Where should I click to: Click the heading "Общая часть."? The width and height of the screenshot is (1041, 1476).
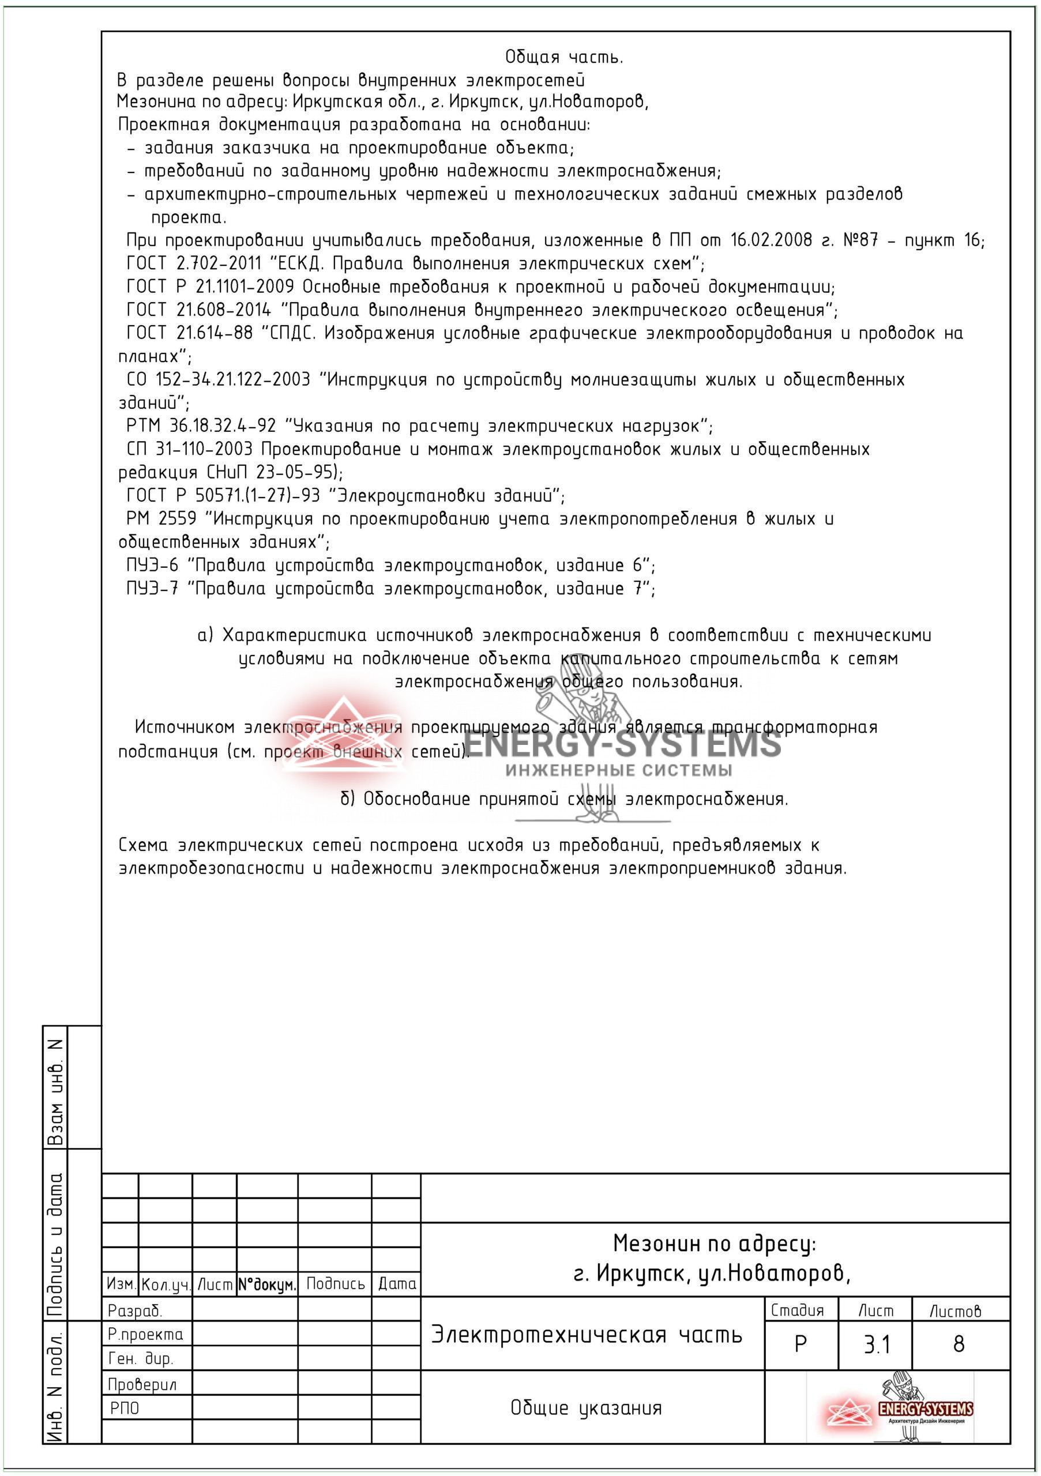(564, 57)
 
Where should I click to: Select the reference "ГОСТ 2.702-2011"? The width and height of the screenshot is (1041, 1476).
(194, 263)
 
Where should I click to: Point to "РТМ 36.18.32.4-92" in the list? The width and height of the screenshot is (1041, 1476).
(201, 426)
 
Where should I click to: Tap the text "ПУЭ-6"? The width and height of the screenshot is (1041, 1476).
(152, 565)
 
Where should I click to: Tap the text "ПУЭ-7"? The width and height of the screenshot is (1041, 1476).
(152, 588)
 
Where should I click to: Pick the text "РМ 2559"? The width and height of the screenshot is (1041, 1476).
(161, 518)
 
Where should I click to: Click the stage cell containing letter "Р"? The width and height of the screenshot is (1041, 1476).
(801, 1344)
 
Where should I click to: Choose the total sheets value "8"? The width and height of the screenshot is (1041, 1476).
(959, 1344)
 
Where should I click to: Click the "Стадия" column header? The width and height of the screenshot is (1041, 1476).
(796, 1310)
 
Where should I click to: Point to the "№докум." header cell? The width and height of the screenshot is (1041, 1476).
(267, 1285)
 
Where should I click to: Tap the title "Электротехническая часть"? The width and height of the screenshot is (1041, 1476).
(587, 1335)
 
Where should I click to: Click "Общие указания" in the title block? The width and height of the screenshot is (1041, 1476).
(586, 1408)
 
